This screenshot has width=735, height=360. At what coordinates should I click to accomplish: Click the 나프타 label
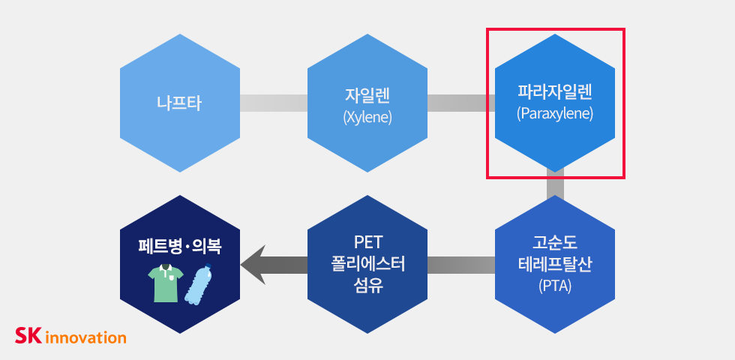point(179,103)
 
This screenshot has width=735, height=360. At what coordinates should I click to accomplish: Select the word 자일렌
point(367,96)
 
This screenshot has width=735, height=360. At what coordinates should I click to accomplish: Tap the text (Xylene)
point(367,117)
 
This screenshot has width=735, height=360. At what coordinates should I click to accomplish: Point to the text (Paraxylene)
point(555,114)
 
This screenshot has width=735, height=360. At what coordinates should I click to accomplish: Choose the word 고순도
point(555,243)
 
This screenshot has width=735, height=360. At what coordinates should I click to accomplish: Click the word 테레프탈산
point(555,264)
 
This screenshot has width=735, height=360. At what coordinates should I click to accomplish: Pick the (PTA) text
point(555,285)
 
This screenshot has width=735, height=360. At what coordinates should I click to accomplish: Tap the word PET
point(367,243)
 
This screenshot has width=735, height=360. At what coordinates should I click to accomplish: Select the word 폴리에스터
point(367,264)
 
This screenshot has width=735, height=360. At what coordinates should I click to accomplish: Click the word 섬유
point(367,285)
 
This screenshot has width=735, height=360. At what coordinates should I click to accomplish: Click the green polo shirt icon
point(164,283)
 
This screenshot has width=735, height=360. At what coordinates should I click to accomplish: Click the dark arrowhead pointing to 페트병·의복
point(253,265)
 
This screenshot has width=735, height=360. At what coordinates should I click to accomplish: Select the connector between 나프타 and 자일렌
point(273,103)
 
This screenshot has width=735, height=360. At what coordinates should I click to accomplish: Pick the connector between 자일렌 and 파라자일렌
point(460,103)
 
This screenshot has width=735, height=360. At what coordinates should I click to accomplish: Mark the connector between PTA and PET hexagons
point(460,265)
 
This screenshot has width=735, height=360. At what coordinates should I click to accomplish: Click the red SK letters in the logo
point(28,335)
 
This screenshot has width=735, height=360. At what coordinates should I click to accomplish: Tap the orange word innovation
point(86,337)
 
